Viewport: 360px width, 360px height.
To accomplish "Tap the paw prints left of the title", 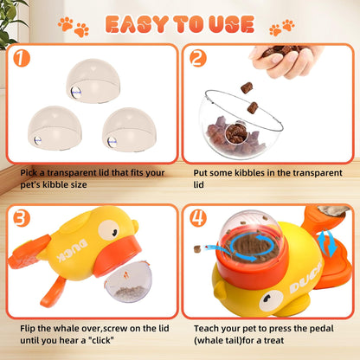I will [x=73, y=27].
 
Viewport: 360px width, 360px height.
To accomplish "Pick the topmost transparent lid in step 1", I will [x=93, y=82].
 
